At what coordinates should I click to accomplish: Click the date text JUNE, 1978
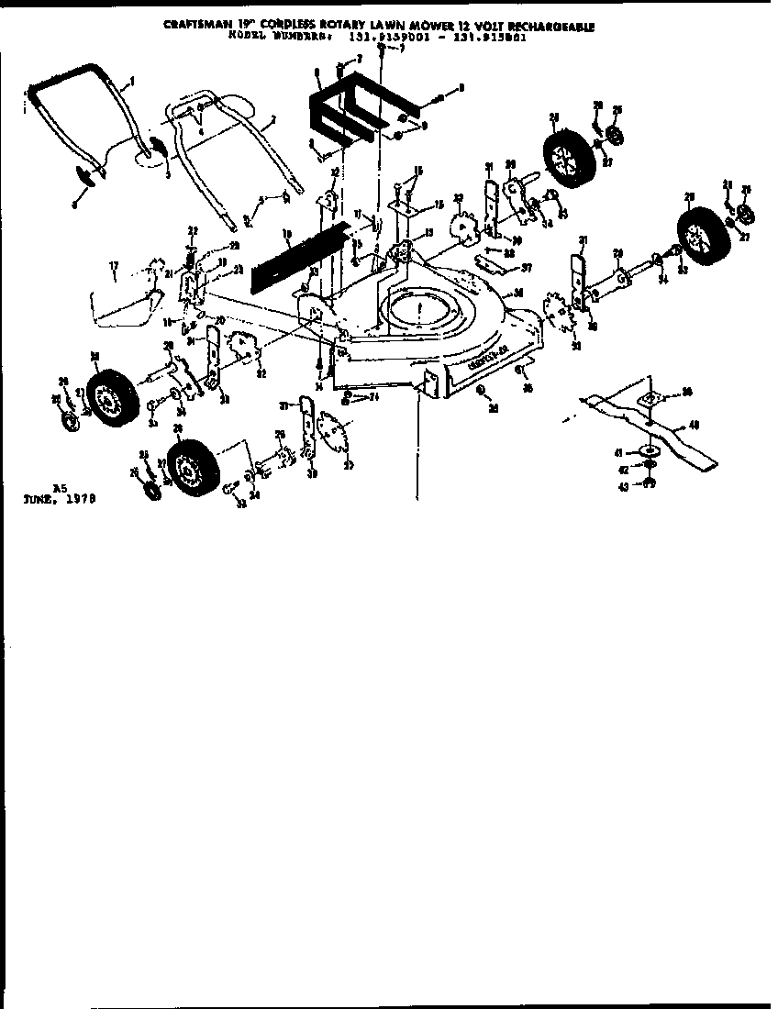60,501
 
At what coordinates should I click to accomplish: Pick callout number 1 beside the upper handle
132,82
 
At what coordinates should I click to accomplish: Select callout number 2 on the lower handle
272,120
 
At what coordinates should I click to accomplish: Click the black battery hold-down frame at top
358,105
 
